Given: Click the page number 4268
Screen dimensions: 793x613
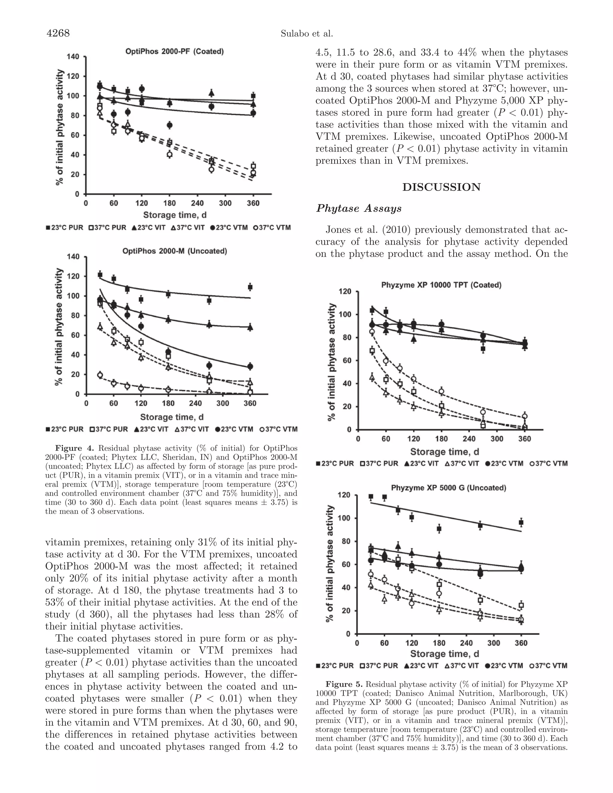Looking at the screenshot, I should [58, 34].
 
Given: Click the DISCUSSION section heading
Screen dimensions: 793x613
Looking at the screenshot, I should [441, 187].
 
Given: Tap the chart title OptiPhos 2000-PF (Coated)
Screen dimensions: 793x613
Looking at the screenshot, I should [174, 51].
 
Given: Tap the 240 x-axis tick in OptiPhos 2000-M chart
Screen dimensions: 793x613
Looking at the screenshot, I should [195, 403].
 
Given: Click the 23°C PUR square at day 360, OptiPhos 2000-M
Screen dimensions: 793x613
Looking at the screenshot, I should [250, 287].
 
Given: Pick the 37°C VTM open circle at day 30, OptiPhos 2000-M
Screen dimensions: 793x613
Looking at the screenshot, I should [100, 375].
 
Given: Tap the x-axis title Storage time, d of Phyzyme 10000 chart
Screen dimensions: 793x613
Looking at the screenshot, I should [444, 452].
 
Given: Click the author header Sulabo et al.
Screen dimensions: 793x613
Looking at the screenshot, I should [307, 34].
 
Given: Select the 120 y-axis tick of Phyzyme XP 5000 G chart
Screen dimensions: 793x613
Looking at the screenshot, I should [344, 495].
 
